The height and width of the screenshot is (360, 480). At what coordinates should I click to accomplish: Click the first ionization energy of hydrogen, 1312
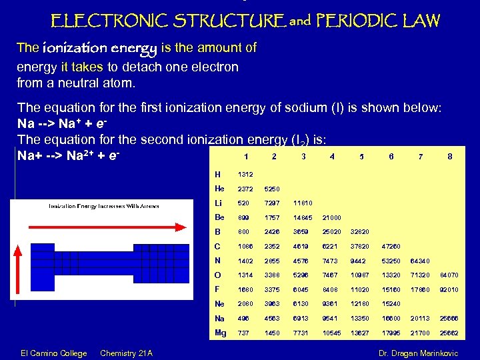tap(245, 175)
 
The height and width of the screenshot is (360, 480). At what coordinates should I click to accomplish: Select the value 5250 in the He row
tap(273, 189)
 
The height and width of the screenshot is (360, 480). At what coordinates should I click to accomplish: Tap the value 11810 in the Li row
tap(303, 203)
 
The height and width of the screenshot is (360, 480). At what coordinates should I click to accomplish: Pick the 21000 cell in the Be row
tap(331, 217)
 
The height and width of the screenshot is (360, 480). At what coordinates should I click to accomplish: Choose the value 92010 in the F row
tap(449, 289)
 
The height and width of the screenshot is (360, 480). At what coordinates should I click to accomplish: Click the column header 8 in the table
tap(450, 157)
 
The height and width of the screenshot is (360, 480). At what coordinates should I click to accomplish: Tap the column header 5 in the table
tap(361, 157)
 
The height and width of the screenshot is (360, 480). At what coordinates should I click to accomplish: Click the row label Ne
tap(220, 303)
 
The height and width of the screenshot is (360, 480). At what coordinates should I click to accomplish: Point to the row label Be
tap(219, 217)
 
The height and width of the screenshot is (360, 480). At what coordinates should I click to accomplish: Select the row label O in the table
tap(218, 275)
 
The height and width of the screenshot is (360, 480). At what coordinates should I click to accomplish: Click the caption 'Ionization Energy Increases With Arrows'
tap(103, 206)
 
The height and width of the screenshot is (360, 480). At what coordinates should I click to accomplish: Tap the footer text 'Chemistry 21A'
tap(126, 353)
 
